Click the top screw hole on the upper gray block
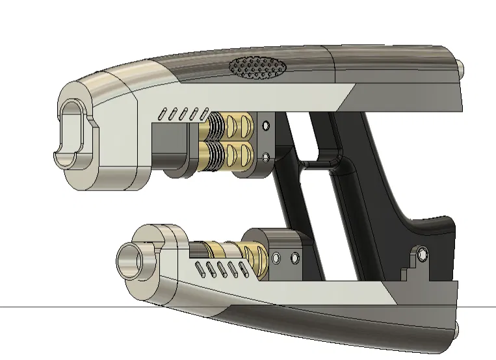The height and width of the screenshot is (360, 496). (265, 125)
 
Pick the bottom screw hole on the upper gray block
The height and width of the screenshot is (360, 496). (265, 156)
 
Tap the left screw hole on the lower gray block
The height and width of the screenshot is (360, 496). (276, 259)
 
